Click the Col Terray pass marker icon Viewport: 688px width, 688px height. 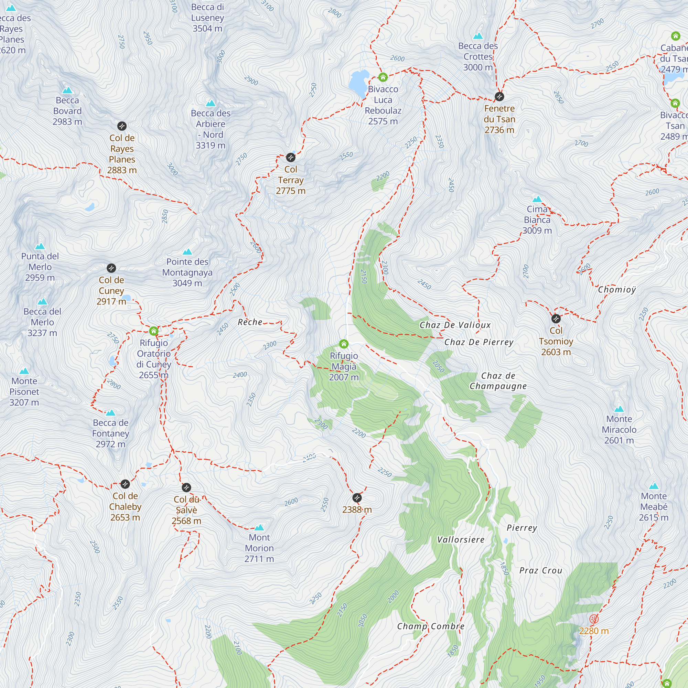coord(291,158)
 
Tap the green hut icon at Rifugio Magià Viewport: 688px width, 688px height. coord(344,344)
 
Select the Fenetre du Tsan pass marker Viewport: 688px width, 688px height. coord(499,97)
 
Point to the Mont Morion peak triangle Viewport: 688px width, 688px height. coord(259,527)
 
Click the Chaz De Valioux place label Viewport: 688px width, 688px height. coord(455,325)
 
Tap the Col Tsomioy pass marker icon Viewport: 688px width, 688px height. coord(556,319)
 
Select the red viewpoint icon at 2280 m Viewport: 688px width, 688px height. coord(594,619)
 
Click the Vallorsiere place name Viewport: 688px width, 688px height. coord(461,539)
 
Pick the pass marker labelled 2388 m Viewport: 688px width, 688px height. coord(357,498)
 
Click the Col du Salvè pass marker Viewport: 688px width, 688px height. coord(186,487)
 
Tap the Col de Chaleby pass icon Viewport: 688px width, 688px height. coord(125,484)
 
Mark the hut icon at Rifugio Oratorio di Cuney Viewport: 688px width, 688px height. coord(153,331)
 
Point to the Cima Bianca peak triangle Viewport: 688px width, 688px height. coord(537,199)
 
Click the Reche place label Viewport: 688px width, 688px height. coord(250,322)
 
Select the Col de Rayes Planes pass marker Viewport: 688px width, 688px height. coord(122,126)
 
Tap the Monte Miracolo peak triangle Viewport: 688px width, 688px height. coord(619,409)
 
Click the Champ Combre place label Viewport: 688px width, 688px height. coord(431,626)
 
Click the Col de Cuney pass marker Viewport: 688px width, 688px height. coord(111,268)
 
